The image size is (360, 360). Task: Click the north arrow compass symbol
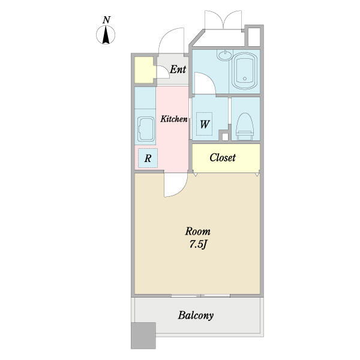[x=106, y=35]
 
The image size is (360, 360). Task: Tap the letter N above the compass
[x=106, y=20]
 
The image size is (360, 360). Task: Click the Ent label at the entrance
[x=178, y=69]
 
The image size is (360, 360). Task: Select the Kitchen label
[x=174, y=119]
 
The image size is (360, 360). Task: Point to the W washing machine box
[x=205, y=124]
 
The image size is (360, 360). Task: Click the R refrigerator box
[x=148, y=158]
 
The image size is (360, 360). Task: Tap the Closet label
[x=223, y=157]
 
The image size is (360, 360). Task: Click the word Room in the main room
[x=197, y=231]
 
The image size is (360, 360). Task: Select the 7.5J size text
[x=198, y=245]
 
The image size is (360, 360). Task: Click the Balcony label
[x=196, y=315]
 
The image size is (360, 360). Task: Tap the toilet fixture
[x=245, y=127]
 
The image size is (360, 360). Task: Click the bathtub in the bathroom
[x=244, y=71]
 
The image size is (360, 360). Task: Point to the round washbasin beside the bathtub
[x=225, y=55]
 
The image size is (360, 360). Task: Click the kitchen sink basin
[x=146, y=129]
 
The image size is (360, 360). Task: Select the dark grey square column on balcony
[x=143, y=335]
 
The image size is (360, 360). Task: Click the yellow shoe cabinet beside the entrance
[x=144, y=70]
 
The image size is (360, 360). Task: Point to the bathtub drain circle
[x=245, y=79]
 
